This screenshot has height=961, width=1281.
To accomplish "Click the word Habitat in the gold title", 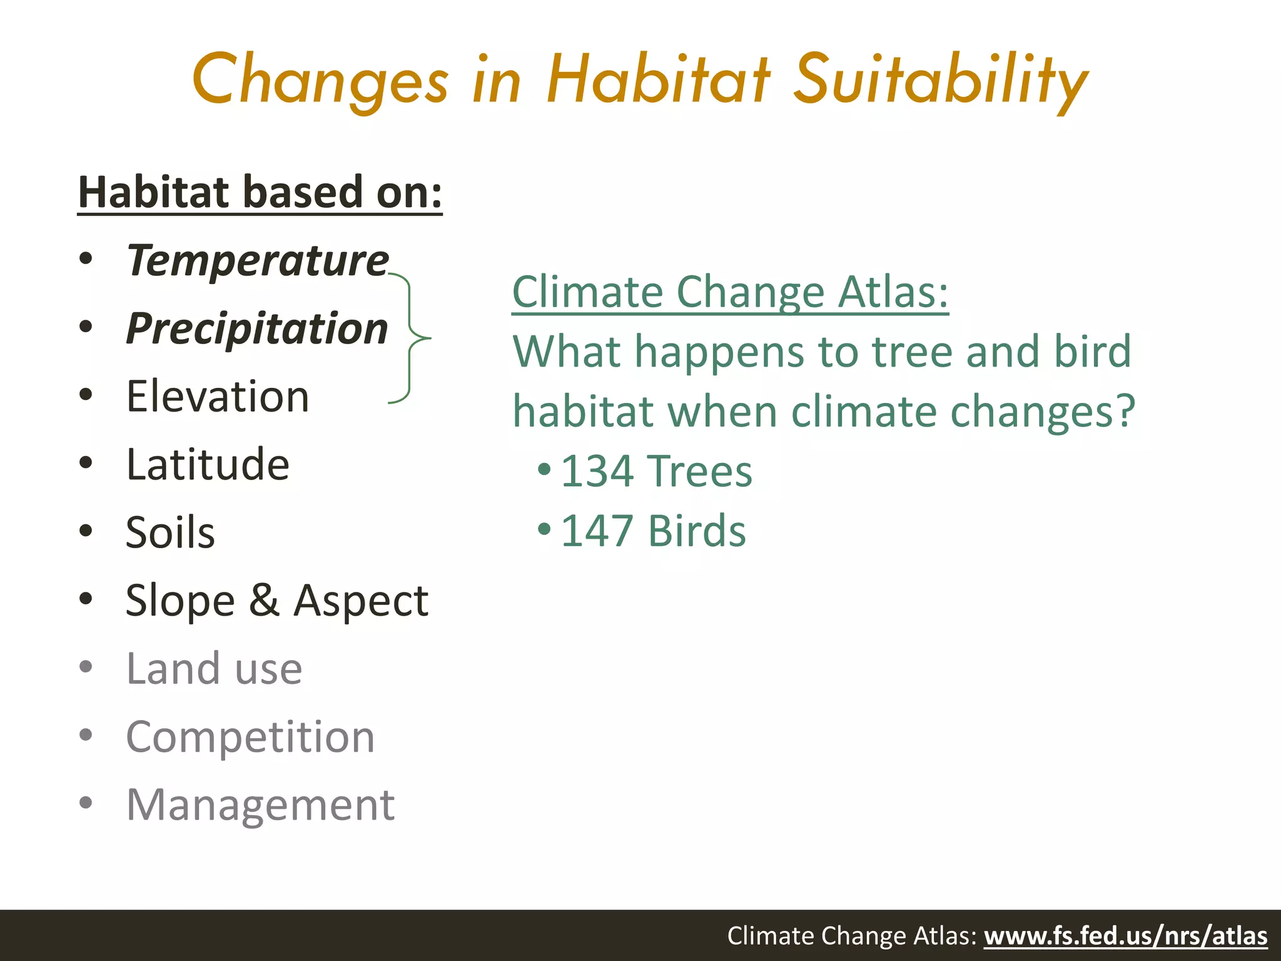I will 658,80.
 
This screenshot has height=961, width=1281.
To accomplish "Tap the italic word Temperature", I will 258,260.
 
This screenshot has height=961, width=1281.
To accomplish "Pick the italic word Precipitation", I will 257,328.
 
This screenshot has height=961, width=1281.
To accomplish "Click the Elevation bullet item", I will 218,397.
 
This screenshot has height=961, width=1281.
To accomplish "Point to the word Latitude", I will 208,465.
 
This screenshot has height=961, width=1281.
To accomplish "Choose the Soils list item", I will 170,532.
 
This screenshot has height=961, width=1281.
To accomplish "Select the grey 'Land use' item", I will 214,668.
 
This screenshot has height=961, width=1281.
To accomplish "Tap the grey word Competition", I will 250,736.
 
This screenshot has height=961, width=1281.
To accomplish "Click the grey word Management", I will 260,805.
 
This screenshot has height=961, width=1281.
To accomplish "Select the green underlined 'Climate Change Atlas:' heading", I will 730,292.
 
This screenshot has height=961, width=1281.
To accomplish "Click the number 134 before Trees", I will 597,471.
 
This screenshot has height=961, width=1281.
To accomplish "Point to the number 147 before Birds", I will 597,531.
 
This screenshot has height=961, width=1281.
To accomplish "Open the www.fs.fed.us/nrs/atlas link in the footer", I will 1125,936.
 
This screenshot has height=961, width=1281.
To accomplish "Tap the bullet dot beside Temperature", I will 86,258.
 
